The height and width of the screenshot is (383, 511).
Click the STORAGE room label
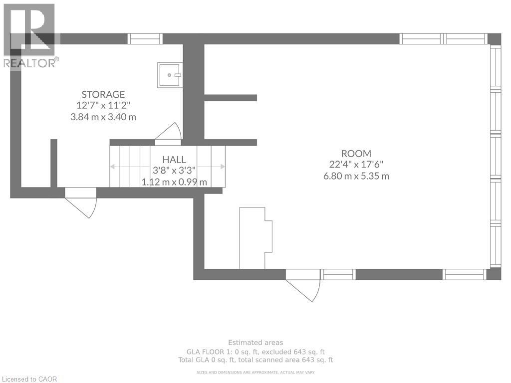click(103, 94)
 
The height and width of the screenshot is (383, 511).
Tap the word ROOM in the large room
click(356, 154)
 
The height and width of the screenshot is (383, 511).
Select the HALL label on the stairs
click(174, 160)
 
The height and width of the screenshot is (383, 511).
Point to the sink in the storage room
click(170, 75)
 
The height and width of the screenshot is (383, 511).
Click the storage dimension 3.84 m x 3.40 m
click(103, 117)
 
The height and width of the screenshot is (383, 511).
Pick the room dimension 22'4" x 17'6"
click(356, 165)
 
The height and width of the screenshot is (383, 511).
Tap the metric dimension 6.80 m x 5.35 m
click(356, 176)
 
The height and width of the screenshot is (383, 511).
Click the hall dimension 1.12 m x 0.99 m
click(174, 182)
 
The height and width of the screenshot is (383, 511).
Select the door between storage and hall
click(168, 134)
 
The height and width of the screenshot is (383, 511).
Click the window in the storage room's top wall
click(145, 39)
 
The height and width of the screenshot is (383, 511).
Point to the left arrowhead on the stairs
click(113, 167)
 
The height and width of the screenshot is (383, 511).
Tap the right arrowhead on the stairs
click(223, 167)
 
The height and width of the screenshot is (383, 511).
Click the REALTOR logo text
click(31, 63)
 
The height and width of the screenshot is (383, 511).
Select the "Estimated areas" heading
click(255, 343)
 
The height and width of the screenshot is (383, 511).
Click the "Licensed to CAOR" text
click(29, 379)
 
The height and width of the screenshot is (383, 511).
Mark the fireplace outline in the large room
click(256, 238)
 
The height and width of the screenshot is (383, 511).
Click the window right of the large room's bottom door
click(338, 275)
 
